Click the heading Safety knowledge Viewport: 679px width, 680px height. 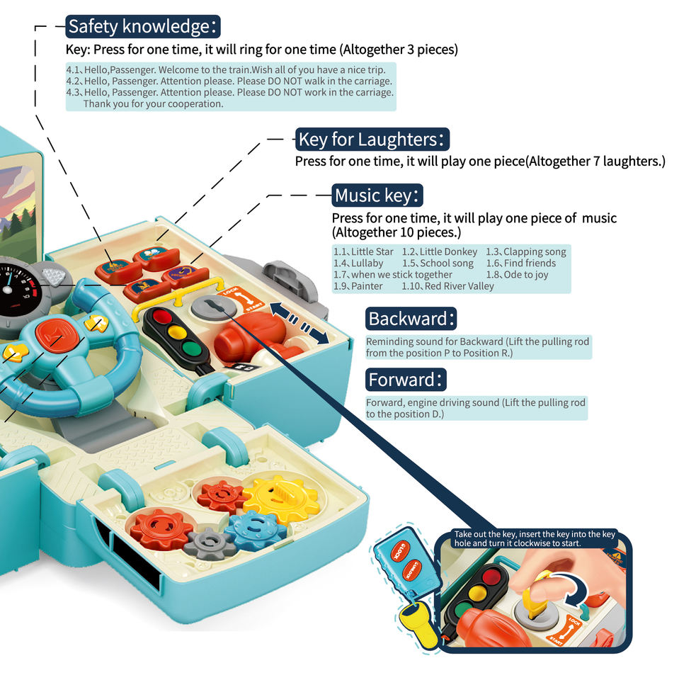pyautogui.click(x=144, y=27)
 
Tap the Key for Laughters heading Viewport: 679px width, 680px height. pyautogui.click(x=372, y=139)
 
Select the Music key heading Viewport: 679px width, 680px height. pyautogui.click(x=379, y=195)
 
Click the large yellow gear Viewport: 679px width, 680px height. pyautogui.click(x=282, y=498)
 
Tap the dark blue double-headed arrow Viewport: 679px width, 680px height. pyautogui.click(x=299, y=323)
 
